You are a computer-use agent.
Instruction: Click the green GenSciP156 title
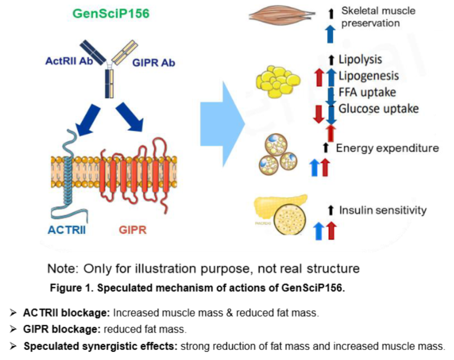point(111,14)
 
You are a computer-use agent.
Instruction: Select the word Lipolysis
point(360,59)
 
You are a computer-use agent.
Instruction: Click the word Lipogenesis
point(369,76)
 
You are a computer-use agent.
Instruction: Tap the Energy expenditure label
point(387,148)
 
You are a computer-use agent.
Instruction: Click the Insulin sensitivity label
point(383,210)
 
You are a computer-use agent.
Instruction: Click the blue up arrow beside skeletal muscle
point(331,34)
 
